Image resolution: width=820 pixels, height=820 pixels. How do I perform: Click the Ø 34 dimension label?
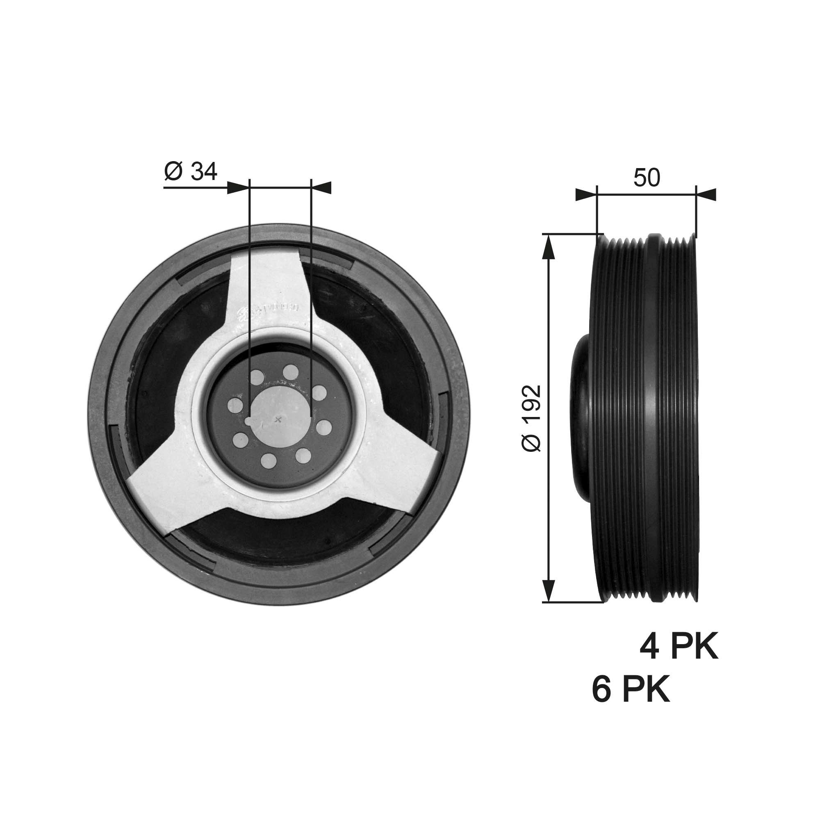[191, 172]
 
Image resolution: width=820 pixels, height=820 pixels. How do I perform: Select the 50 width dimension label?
[647, 178]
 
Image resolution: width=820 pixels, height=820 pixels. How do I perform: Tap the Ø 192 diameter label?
[532, 418]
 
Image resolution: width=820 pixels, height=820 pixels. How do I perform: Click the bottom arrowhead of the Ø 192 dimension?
[549, 590]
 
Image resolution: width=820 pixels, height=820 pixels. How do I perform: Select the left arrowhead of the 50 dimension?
[586, 195]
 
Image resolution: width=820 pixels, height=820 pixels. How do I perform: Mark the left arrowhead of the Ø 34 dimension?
[238, 188]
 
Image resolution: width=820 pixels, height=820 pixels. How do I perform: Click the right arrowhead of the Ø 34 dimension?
[321, 188]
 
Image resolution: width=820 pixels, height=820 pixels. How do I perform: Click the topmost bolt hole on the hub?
[290, 371]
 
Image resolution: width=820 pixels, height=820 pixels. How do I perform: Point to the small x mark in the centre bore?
[278, 420]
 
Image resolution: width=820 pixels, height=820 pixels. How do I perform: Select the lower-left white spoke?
[170, 497]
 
